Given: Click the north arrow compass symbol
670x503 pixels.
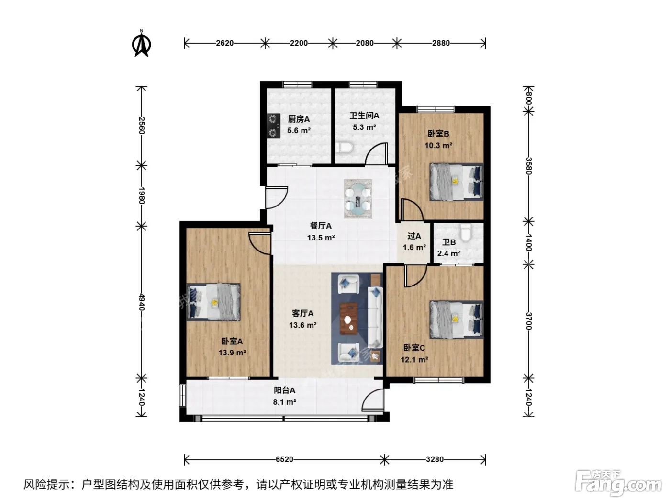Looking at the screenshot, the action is (x=141, y=44).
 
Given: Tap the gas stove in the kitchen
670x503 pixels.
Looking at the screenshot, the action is (x=274, y=126).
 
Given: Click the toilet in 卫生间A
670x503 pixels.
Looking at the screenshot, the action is (x=344, y=148).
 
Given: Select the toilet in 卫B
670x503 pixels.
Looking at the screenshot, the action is (x=466, y=232).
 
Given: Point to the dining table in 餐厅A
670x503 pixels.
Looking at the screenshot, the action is (x=358, y=199).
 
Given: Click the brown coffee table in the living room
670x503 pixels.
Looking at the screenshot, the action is (x=349, y=319).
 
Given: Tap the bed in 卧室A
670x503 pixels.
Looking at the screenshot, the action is (x=213, y=302).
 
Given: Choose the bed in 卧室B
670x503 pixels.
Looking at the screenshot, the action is (x=457, y=182).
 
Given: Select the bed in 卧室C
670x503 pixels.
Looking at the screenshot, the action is (x=457, y=320).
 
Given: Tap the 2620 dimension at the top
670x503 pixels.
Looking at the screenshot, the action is (x=224, y=43).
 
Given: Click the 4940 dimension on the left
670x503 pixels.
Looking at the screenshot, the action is (x=141, y=302).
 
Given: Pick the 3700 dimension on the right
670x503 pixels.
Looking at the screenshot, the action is (x=529, y=321).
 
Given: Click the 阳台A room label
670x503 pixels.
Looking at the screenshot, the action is (x=284, y=390).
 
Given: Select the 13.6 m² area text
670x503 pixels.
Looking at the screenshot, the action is (x=302, y=325).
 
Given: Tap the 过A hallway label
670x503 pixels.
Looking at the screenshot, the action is (x=414, y=236).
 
